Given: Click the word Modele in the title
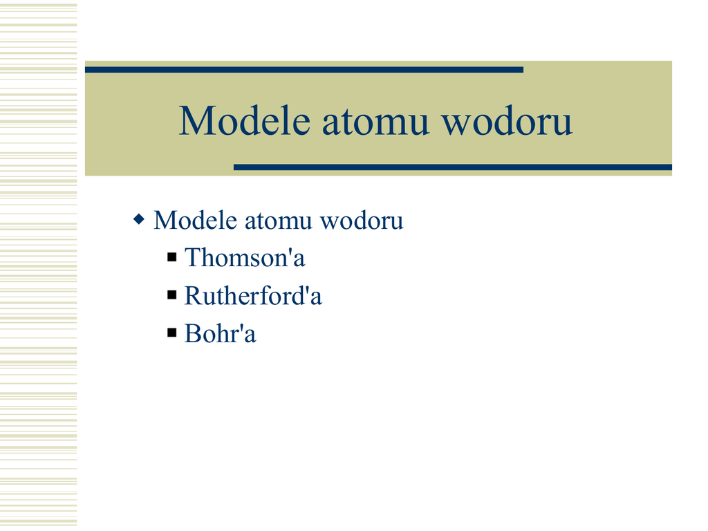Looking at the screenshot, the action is click(245, 120).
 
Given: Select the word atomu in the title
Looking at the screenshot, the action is click(375, 122).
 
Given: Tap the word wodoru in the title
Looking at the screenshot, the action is click(507, 120).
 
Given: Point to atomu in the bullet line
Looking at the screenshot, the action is click(279, 221).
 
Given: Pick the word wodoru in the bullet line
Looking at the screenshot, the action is click(362, 221).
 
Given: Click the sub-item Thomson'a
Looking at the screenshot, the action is click(245, 258).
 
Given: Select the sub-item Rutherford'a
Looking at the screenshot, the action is click(253, 296).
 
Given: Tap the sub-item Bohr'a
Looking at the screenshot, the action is click(221, 334).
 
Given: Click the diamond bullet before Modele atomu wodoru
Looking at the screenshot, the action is click(139, 220).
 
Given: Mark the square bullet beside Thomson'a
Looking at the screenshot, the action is click(172, 257).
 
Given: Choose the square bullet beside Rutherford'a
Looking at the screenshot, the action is click(172, 295).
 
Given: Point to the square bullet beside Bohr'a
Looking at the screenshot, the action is click(172, 333).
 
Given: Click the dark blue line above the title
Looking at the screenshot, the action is click(304, 70).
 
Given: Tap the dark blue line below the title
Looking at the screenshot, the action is click(453, 167).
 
